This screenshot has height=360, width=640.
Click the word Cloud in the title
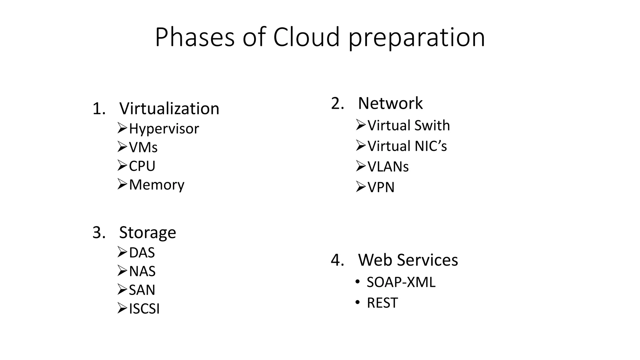click(306, 37)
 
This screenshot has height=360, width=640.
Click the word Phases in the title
click(194, 37)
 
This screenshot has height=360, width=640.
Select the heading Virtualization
click(169, 108)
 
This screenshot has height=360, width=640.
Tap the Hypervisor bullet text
click(164, 129)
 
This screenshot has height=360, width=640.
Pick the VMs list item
click(143, 147)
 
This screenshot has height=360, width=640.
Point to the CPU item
click(142, 166)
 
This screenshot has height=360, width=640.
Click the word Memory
click(157, 184)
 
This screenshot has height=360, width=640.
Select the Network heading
click(390, 103)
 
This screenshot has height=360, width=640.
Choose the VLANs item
click(388, 167)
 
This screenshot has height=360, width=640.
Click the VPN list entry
click(381, 187)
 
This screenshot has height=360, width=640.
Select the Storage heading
click(147, 232)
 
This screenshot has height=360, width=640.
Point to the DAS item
click(142, 252)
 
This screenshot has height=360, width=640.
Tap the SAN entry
click(142, 290)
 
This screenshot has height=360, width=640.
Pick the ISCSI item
click(144, 309)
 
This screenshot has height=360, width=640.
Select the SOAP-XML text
click(401, 282)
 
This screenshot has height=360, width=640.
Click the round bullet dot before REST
click(357, 302)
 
